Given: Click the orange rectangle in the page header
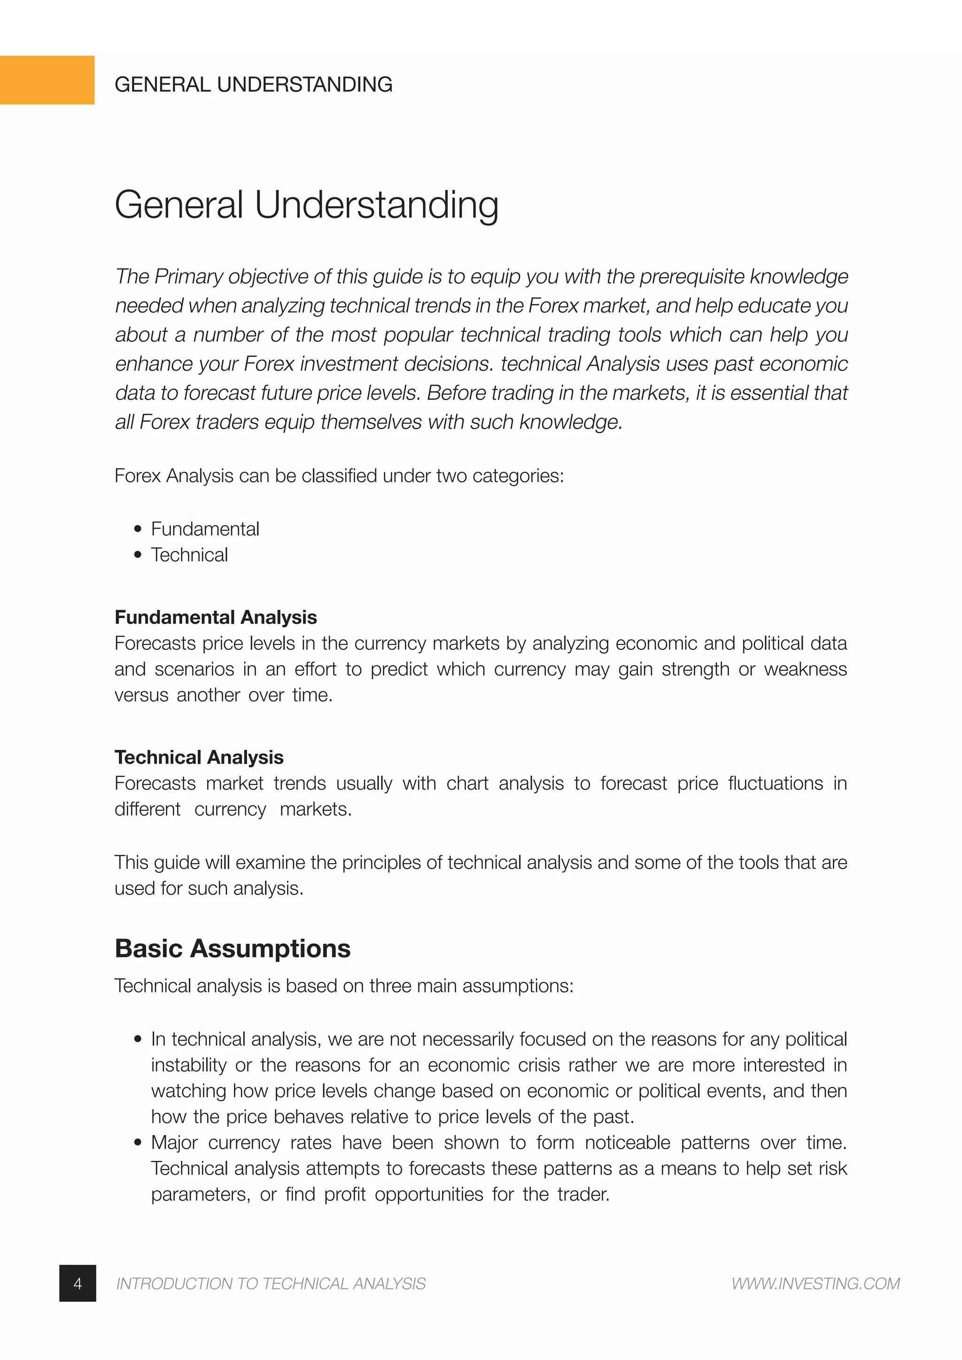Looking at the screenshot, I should pos(47,80).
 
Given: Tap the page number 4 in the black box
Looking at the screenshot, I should pos(78,1283).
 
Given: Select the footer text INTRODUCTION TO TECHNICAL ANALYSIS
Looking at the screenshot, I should pos(271,1283).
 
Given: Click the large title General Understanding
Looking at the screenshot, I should pos(306,205).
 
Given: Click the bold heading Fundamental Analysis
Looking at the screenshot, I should pos(216,617).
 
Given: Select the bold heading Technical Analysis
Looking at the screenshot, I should pos(199,757).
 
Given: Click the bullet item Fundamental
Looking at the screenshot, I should pos(205,529).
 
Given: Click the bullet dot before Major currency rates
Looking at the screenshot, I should pos(138,1143).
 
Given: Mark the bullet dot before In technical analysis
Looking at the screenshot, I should pos(138,1039).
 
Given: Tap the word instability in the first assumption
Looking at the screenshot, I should pos(188,1065).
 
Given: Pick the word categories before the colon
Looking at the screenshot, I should pos(517,476).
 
